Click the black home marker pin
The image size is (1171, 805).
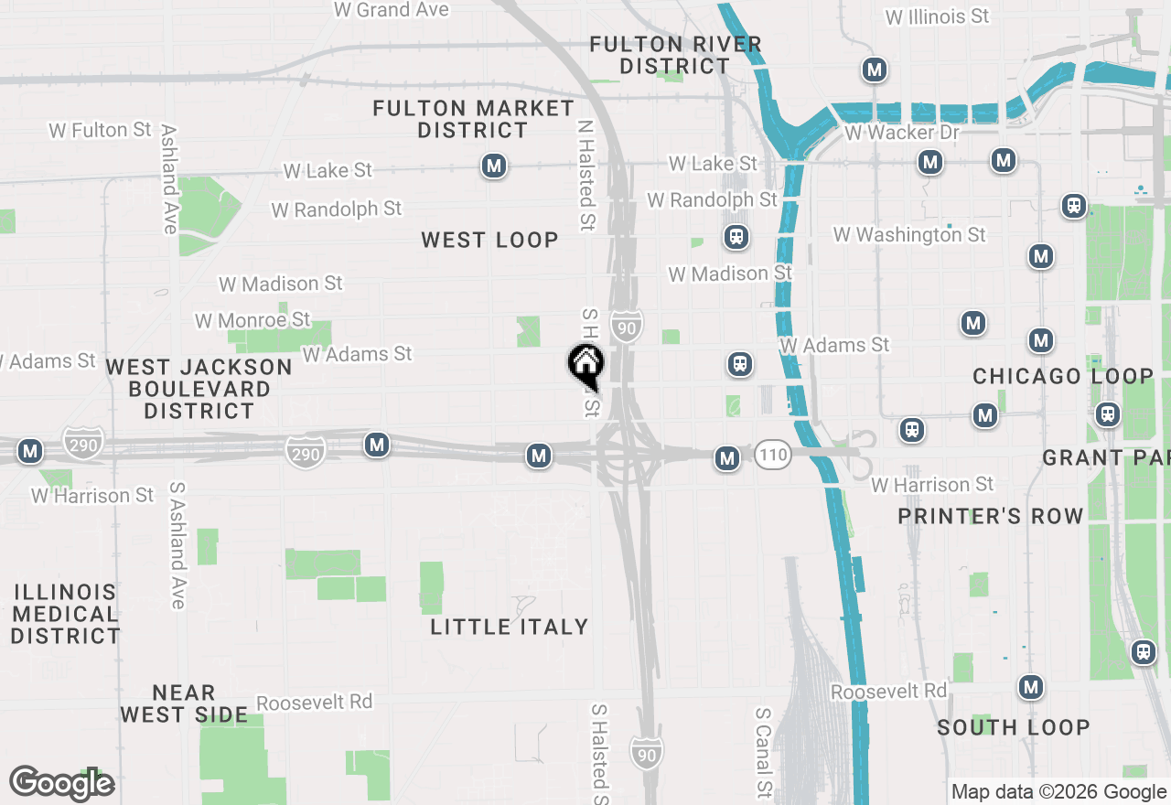click(x=585, y=364)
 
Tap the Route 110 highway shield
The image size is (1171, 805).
click(x=773, y=454)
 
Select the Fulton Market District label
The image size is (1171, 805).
click(x=473, y=120)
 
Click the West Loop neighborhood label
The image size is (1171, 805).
click(x=489, y=241)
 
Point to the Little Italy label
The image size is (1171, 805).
click(x=509, y=627)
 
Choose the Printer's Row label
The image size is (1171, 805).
click(x=990, y=516)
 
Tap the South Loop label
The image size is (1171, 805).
click(x=1013, y=727)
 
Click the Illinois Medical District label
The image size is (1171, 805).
click(x=65, y=613)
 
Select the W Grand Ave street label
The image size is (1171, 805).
click(x=392, y=10)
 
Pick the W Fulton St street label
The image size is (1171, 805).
click(x=100, y=131)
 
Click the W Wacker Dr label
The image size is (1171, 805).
click(x=902, y=134)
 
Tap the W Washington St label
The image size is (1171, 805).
click(x=909, y=235)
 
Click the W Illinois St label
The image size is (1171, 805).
click(x=938, y=16)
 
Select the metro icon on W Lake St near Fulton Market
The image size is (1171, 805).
click(x=494, y=166)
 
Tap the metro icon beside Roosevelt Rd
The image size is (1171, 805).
click(x=1032, y=687)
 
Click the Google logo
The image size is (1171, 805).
click(x=61, y=783)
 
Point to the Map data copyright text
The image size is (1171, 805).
click(x=1058, y=792)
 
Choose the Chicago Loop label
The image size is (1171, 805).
click(x=1062, y=376)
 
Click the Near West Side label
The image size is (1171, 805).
click(x=184, y=703)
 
